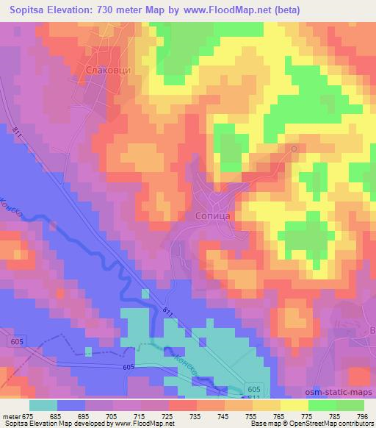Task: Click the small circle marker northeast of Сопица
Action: click(x=294, y=149)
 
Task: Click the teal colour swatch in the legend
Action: click(x=43, y=405)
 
